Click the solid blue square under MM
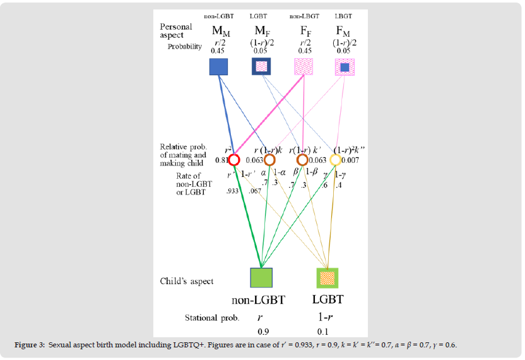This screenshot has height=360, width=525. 218,66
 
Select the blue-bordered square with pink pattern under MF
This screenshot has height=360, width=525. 261,66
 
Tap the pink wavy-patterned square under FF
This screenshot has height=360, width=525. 304,67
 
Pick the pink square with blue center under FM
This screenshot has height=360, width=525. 345,67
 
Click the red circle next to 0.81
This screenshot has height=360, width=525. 234,160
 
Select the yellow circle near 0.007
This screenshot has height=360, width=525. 336,160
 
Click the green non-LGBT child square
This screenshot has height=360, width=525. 261,278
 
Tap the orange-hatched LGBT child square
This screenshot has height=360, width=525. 327,278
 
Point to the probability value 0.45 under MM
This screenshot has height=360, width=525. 218,51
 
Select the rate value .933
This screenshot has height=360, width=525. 231,190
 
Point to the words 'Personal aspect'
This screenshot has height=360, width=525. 176,32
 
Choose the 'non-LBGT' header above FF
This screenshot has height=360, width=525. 303,16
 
